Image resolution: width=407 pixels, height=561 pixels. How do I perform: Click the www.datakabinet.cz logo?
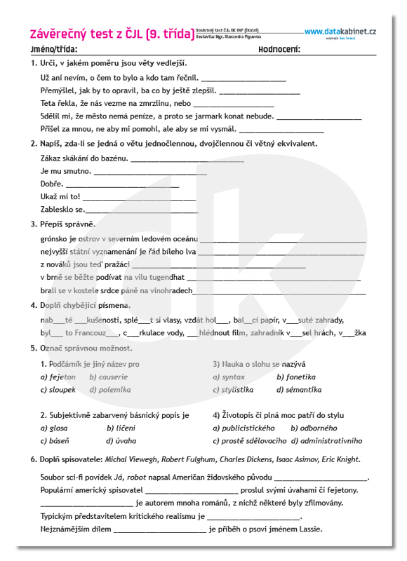(x=340, y=32)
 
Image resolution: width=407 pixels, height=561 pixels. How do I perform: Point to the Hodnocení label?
(x=279, y=50)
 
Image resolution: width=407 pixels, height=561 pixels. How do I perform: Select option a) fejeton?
(x=58, y=377)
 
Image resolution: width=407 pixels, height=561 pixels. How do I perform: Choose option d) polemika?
(x=109, y=390)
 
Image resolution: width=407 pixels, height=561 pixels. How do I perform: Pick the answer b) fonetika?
(x=296, y=377)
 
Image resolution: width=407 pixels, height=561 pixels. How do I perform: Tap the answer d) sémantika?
(x=299, y=390)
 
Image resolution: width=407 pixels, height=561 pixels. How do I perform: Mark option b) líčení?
(x=121, y=428)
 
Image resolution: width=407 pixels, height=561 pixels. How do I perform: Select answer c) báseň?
(x=55, y=441)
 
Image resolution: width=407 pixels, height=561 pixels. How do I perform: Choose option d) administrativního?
(x=326, y=441)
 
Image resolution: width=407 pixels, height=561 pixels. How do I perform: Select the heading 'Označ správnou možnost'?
(x=86, y=348)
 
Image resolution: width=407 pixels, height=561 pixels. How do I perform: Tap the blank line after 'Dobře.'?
(x=122, y=184)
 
